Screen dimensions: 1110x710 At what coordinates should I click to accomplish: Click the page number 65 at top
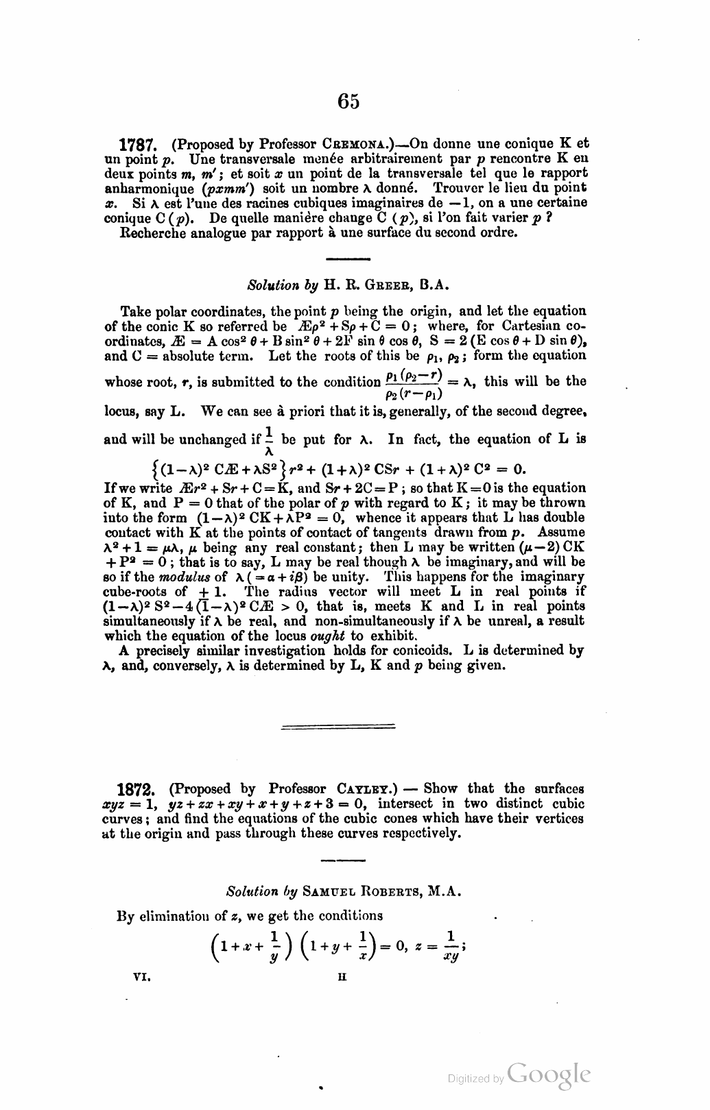click(x=348, y=101)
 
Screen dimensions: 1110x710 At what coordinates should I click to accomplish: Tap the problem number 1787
click(x=139, y=145)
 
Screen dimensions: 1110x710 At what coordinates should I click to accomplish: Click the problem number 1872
click(x=139, y=789)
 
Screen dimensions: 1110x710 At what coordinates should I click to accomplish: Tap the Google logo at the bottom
click(x=549, y=1074)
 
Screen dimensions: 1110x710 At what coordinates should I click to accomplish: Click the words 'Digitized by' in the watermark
click(x=475, y=1078)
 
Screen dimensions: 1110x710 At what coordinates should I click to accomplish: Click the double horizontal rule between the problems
click(x=338, y=725)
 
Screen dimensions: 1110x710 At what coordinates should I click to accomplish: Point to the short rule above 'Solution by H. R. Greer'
click(x=347, y=258)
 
